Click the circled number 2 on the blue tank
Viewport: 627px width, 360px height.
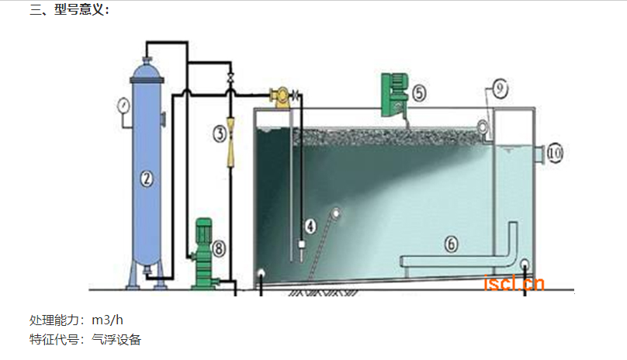(146, 179)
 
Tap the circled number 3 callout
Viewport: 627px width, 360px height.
(220, 133)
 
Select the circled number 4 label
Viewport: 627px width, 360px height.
(310, 226)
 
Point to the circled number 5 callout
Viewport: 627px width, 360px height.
(419, 93)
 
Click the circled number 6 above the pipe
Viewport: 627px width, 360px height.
(451, 244)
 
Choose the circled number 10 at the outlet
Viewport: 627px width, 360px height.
(553, 153)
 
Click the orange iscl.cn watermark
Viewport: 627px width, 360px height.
(514, 283)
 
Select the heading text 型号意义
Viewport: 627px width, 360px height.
(81, 10)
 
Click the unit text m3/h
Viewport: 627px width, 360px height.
(108, 320)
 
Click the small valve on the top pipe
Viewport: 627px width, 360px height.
(230, 78)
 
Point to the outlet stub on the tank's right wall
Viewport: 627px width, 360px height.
(539, 153)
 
